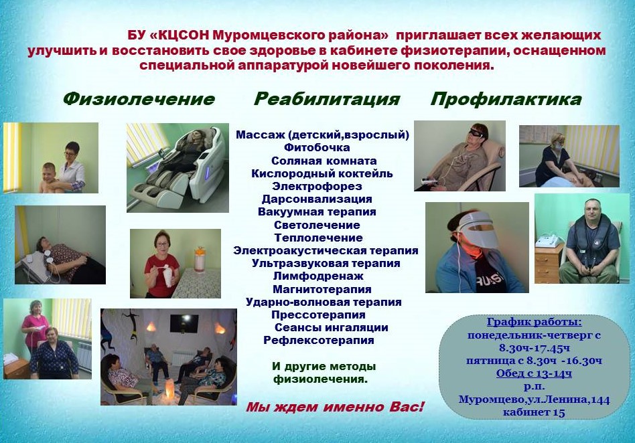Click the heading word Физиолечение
coord(139,99)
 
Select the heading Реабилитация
coord(327,99)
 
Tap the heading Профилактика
coord(506,99)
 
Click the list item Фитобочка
coord(317,147)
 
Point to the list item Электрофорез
coord(317,186)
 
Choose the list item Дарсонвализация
coord(317,199)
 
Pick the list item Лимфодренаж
coord(318,276)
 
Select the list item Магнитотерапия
coord(322,289)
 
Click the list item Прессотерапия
coord(318,315)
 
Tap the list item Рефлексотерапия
coord(319,340)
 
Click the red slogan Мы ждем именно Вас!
coord(335,407)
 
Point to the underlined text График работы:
coord(534,322)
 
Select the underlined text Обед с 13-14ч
coord(534,373)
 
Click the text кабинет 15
coord(534,412)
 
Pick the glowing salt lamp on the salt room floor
coord(169,389)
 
